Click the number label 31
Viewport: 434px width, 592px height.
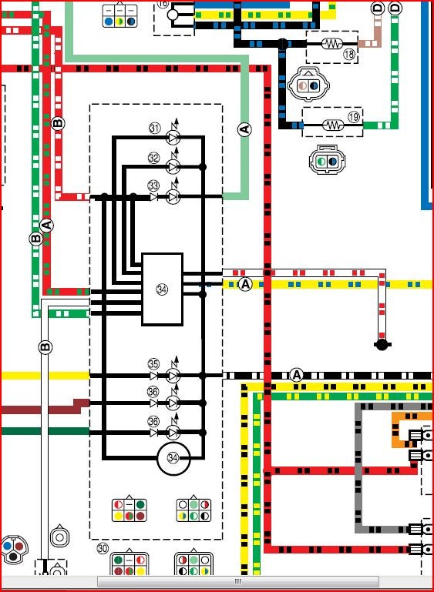pyautogui.click(x=154, y=129)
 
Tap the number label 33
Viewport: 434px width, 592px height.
pyautogui.click(x=153, y=186)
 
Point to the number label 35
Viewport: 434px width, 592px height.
pyautogui.click(x=153, y=364)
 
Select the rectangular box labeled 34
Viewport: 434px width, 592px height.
pyautogui.click(x=162, y=289)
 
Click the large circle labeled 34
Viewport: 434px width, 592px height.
pyautogui.click(x=173, y=458)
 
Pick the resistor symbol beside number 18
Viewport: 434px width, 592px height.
pyautogui.click(x=332, y=44)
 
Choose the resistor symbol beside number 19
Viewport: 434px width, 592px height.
pyautogui.click(x=333, y=125)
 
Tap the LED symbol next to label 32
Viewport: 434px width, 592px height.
pyautogui.click(x=173, y=166)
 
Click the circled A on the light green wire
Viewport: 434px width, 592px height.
pyautogui.click(x=244, y=130)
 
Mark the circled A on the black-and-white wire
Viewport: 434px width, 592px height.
pyautogui.click(x=296, y=375)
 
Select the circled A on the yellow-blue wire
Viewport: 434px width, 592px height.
pyautogui.click(x=245, y=284)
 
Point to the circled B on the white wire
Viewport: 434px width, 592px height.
pyautogui.click(x=45, y=347)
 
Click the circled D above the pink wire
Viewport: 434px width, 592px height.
pyautogui.click(x=377, y=8)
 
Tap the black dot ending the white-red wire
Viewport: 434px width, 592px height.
pyautogui.click(x=382, y=344)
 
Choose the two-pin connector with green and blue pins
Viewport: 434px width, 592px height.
pyautogui.click(x=328, y=161)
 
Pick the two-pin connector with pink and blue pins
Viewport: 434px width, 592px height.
pyautogui.click(x=308, y=85)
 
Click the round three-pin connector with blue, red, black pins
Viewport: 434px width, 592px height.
pyautogui.click(x=14, y=550)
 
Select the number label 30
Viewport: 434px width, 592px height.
pyautogui.click(x=103, y=548)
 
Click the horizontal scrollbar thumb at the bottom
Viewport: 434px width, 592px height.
pyautogui.click(x=238, y=581)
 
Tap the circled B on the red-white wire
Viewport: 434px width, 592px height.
pyautogui.click(x=58, y=123)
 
